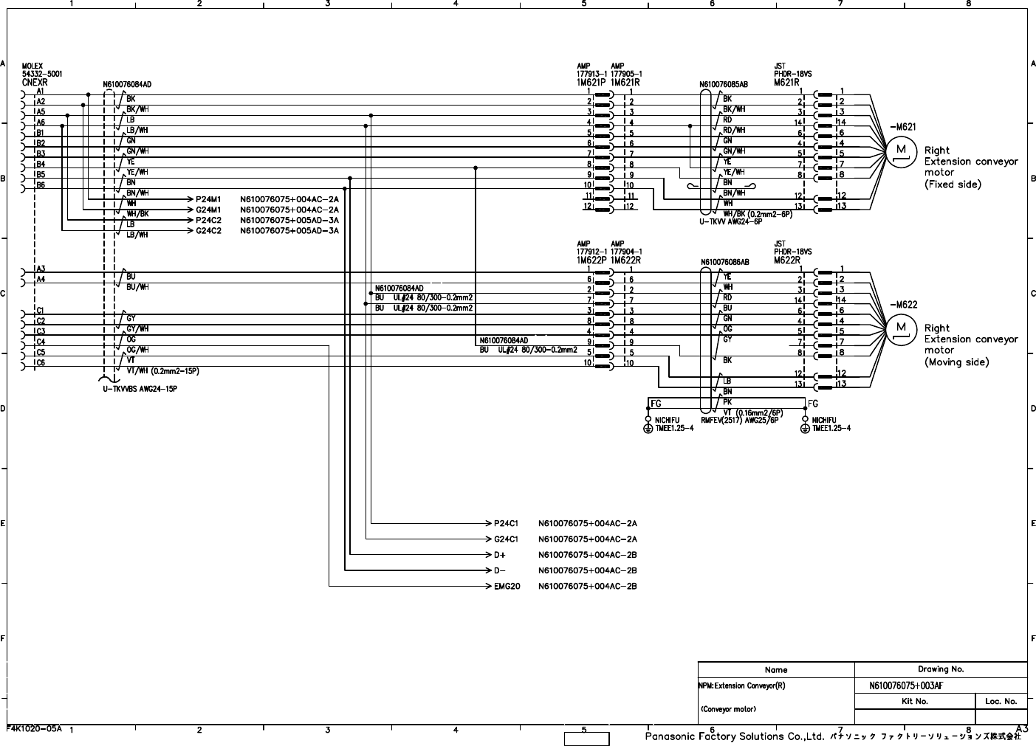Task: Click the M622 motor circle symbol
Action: [x=901, y=328]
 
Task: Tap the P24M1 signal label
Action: [x=208, y=199]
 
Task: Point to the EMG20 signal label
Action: [x=507, y=587]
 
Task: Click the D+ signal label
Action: [x=501, y=555]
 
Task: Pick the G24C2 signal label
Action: [x=209, y=231]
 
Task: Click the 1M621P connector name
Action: [x=591, y=83]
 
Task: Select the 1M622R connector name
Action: [x=625, y=260]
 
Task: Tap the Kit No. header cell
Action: [x=914, y=701]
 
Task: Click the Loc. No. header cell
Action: [x=1001, y=701]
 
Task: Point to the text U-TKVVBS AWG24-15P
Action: [x=140, y=389]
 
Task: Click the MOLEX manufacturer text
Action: [x=33, y=66]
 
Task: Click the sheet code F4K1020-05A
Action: [x=35, y=728]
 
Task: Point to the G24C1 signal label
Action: [x=506, y=539]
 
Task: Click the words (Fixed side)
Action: [x=953, y=184]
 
